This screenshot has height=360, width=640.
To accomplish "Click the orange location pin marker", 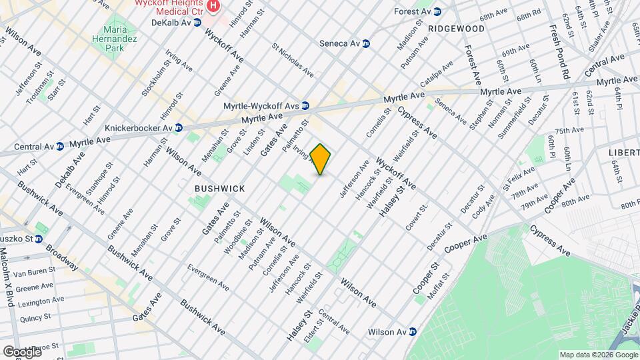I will (x=321, y=159).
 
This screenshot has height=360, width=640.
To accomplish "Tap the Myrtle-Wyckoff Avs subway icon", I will (x=305, y=105).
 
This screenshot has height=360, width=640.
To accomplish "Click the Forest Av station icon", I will (x=437, y=12).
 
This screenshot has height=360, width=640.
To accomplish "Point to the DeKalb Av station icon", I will (x=197, y=22).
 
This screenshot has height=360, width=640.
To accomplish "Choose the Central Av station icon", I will (x=60, y=146).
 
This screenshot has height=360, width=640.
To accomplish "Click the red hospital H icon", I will (x=213, y=7).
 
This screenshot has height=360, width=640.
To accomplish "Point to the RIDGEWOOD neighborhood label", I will (x=457, y=29).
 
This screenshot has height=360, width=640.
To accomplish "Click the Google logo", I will (x=23, y=351).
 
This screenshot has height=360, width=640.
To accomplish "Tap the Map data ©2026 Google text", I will (x=597, y=355).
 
